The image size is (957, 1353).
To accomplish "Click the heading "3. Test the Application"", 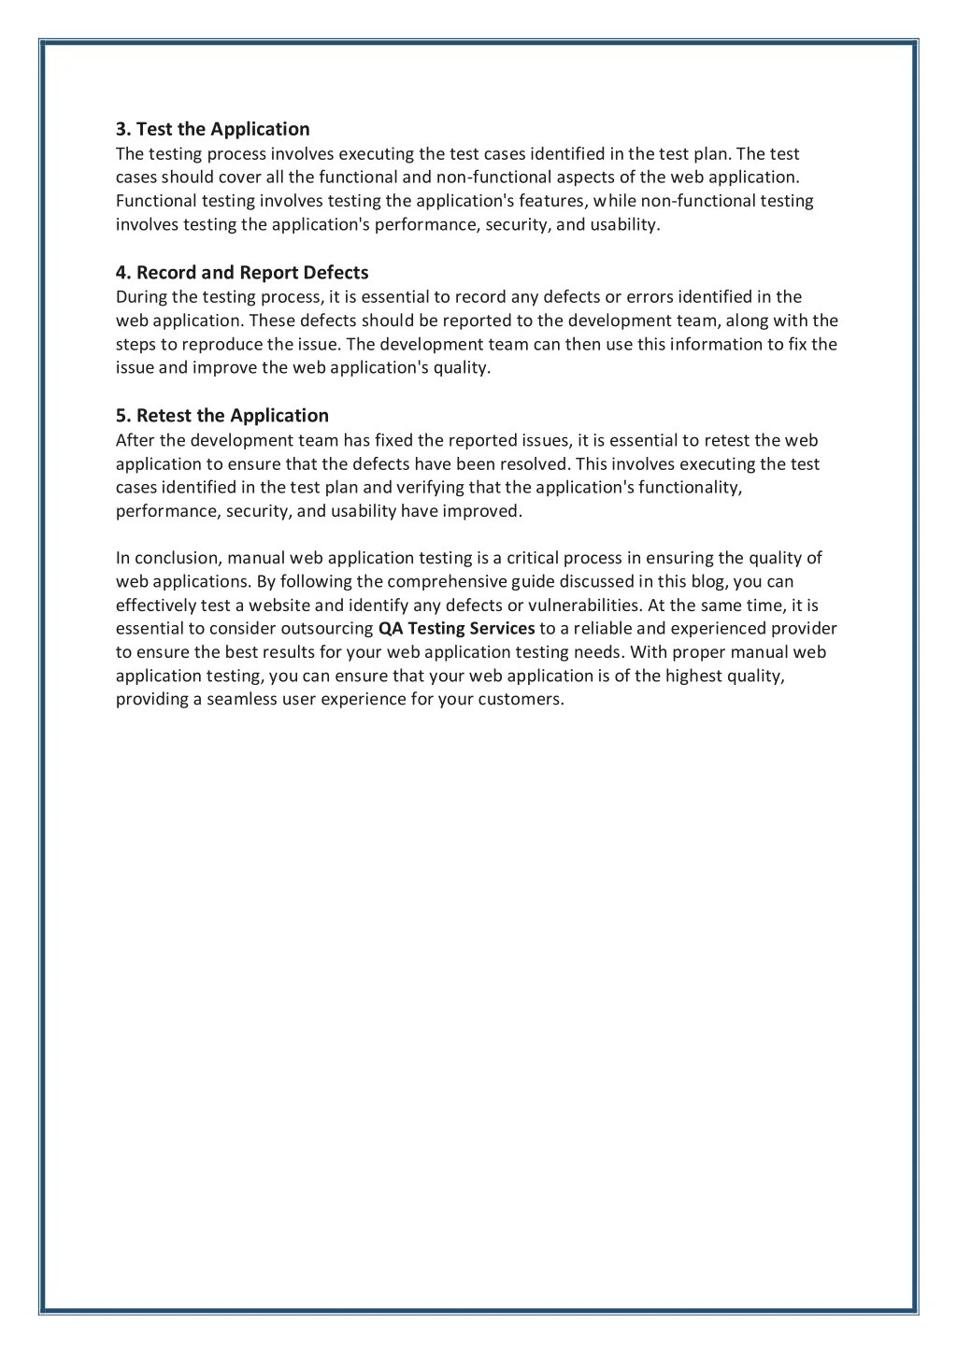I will pyautogui.click(x=212, y=129).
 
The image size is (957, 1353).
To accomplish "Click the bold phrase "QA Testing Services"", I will pyautogui.click(x=456, y=629).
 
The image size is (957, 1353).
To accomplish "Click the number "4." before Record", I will pyautogui.click(x=123, y=273).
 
